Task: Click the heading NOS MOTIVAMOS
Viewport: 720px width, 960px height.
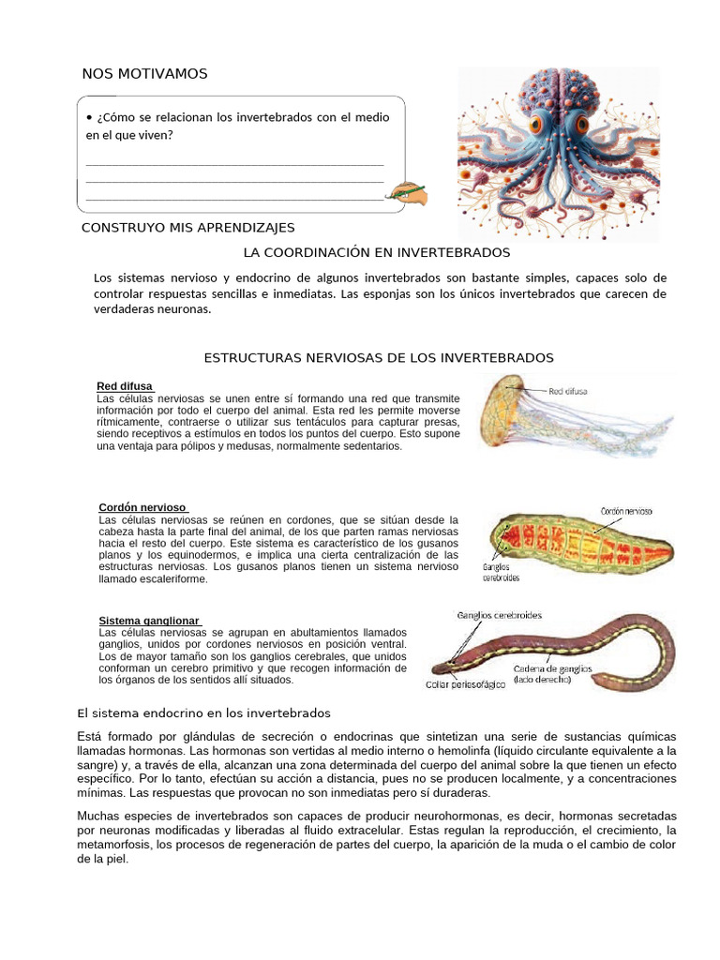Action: pyautogui.click(x=145, y=74)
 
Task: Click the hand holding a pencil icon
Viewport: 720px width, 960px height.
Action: pyautogui.click(x=411, y=193)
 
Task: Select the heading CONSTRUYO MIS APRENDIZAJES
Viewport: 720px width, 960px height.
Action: pyautogui.click(x=188, y=228)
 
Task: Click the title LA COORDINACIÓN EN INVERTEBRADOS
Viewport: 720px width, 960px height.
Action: pyautogui.click(x=376, y=253)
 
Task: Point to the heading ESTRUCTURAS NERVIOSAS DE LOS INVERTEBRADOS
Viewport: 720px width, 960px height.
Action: pyautogui.click(x=379, y=358)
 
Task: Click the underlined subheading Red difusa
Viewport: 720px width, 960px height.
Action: pyautogui.click(x=126, y=386)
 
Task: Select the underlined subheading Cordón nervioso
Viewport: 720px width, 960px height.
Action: pyautogui.click(x=143, y=507)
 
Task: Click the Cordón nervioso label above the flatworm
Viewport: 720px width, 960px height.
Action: pyautogui.click(x=626, y=512)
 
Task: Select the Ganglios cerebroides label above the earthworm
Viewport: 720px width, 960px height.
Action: pyautogui.click(x=499, y=616)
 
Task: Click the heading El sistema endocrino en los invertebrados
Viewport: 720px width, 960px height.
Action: pyautogui.click(x=203, y=713)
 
